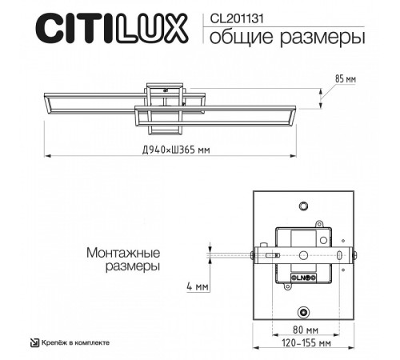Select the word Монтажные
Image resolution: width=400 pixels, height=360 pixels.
121,252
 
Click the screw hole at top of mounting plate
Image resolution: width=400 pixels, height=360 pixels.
303,204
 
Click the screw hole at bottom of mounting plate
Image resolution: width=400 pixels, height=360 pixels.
303,311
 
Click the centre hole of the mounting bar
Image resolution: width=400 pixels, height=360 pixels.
303,255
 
